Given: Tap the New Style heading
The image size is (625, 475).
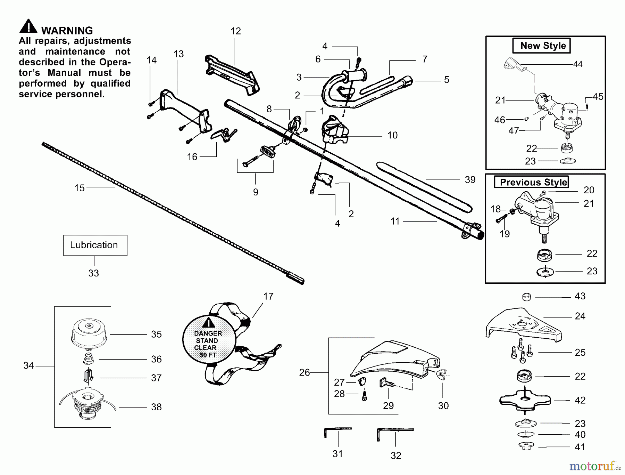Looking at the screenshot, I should click(543, 46).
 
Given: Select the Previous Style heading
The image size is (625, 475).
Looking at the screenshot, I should click(533, 182).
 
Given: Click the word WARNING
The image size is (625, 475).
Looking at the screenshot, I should click(67, 31).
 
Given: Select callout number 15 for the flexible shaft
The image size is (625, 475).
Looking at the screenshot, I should click(80, 188).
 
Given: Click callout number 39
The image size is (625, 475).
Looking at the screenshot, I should click(470, 180).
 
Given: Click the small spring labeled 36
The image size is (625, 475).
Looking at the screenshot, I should click(89, 359).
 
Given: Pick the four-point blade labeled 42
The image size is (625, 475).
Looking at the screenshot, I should click(525, 400).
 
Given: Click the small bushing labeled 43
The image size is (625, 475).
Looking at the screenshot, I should click(527, 297).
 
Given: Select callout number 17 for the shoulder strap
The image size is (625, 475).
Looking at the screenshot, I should click(268, 297).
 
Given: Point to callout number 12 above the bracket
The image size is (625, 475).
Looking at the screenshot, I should click(235, 31).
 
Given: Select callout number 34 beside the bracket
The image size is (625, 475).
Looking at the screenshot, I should click(28, 365).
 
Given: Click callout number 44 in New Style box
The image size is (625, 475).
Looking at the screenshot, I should click(577, 64).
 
